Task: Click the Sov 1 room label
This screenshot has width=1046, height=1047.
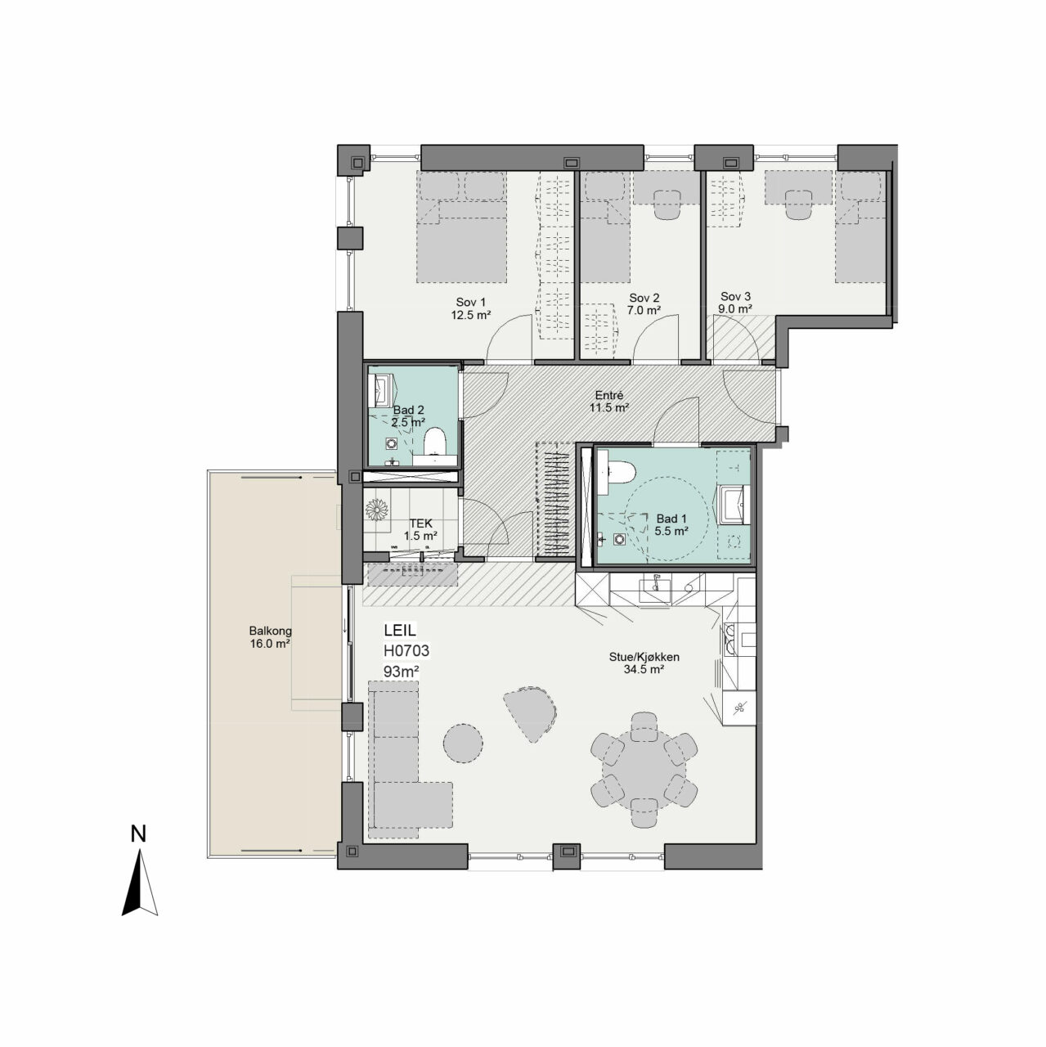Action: tap(470, 303)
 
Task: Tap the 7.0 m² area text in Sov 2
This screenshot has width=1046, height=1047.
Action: tap(644, 311)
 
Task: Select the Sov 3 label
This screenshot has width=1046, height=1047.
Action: tap(736, 297)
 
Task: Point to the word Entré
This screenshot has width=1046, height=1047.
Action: tap(609, 396)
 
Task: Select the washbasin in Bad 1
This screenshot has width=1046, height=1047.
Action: tap(734, 505)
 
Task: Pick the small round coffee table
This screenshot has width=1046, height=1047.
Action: tap(463, 744)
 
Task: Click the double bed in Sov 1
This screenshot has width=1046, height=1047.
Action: tap(462, 227)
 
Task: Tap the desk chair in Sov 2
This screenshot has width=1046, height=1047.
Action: tap(667, 204)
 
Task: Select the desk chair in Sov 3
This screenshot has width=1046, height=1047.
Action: tap(797, 204)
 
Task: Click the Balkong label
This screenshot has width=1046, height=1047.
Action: tap(270, 631)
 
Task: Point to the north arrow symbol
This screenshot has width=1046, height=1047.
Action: tap(140, 883)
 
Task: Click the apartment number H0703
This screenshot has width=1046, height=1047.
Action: tap(406, 651)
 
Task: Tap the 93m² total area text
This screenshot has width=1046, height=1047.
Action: tap(401, 672)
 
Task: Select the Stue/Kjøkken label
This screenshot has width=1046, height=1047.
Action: tap(644, 657)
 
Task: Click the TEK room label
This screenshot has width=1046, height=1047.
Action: tap(421, 523)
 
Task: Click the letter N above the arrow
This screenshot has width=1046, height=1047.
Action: tap(138, 834)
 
